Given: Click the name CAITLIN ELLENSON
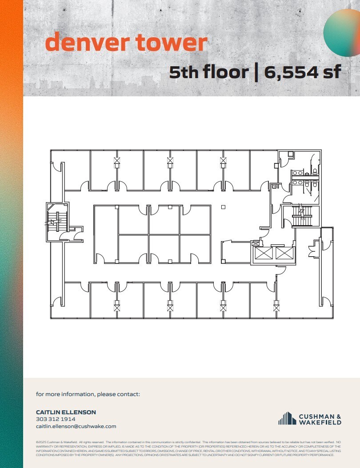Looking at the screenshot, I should [x=66, y=412].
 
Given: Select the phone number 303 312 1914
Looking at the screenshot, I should [x=56, y=419].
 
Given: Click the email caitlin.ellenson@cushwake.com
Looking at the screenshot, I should [x=76, y=426].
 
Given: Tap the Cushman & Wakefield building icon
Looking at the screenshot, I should [x=288, y=418].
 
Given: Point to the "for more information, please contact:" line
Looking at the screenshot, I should [x=88, y=394].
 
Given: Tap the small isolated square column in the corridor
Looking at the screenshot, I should [x=223, y=207].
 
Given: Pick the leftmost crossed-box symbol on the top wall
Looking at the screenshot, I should [x=117, y=161].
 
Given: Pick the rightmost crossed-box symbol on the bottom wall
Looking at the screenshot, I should [x=276, y=306].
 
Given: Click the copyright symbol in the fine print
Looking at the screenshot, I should [x=37, y=443].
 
